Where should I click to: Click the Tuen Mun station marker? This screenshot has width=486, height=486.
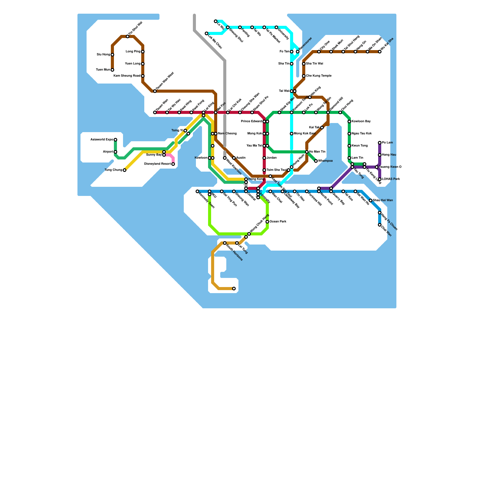coord(112,70)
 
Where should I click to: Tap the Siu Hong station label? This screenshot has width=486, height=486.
coord(103,55)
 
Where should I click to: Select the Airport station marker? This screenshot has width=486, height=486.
coord(115,152)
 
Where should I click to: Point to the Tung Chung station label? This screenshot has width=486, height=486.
coord(113,170)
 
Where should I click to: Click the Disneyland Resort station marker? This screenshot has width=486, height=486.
coord(173,164)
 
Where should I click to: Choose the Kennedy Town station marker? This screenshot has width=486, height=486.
coord(197,191)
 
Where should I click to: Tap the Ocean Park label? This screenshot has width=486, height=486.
coord(278,222)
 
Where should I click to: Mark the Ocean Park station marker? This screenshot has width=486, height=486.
coord(267,222)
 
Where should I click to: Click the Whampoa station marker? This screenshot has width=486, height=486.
coord(316,161)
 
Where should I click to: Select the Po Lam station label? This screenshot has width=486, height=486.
coord(387,143)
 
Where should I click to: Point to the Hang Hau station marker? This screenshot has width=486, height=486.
coord(380,155)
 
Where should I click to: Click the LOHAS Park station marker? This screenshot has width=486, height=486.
coord(380,179)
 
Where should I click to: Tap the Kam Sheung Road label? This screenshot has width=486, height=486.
coord(127,76)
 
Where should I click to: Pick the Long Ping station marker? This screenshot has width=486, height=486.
coord(143,52)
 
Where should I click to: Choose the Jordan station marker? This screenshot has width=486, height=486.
coord(264,158)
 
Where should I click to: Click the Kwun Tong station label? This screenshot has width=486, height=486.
coord(360,146)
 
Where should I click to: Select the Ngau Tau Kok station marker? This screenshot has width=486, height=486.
coord(349,134)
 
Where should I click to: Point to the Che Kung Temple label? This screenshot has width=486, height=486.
coord(319,76)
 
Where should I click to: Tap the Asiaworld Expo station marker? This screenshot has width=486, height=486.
coord(115,140)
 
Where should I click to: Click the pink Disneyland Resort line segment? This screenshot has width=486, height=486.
coord(171,156)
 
